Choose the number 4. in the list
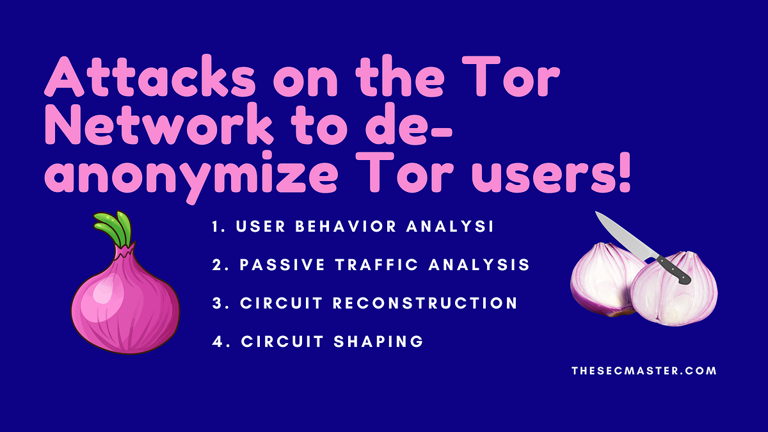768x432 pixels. (x=220, y=341)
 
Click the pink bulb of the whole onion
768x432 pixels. (x=125, y=298)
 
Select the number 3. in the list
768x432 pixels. (x=220, y=303)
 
